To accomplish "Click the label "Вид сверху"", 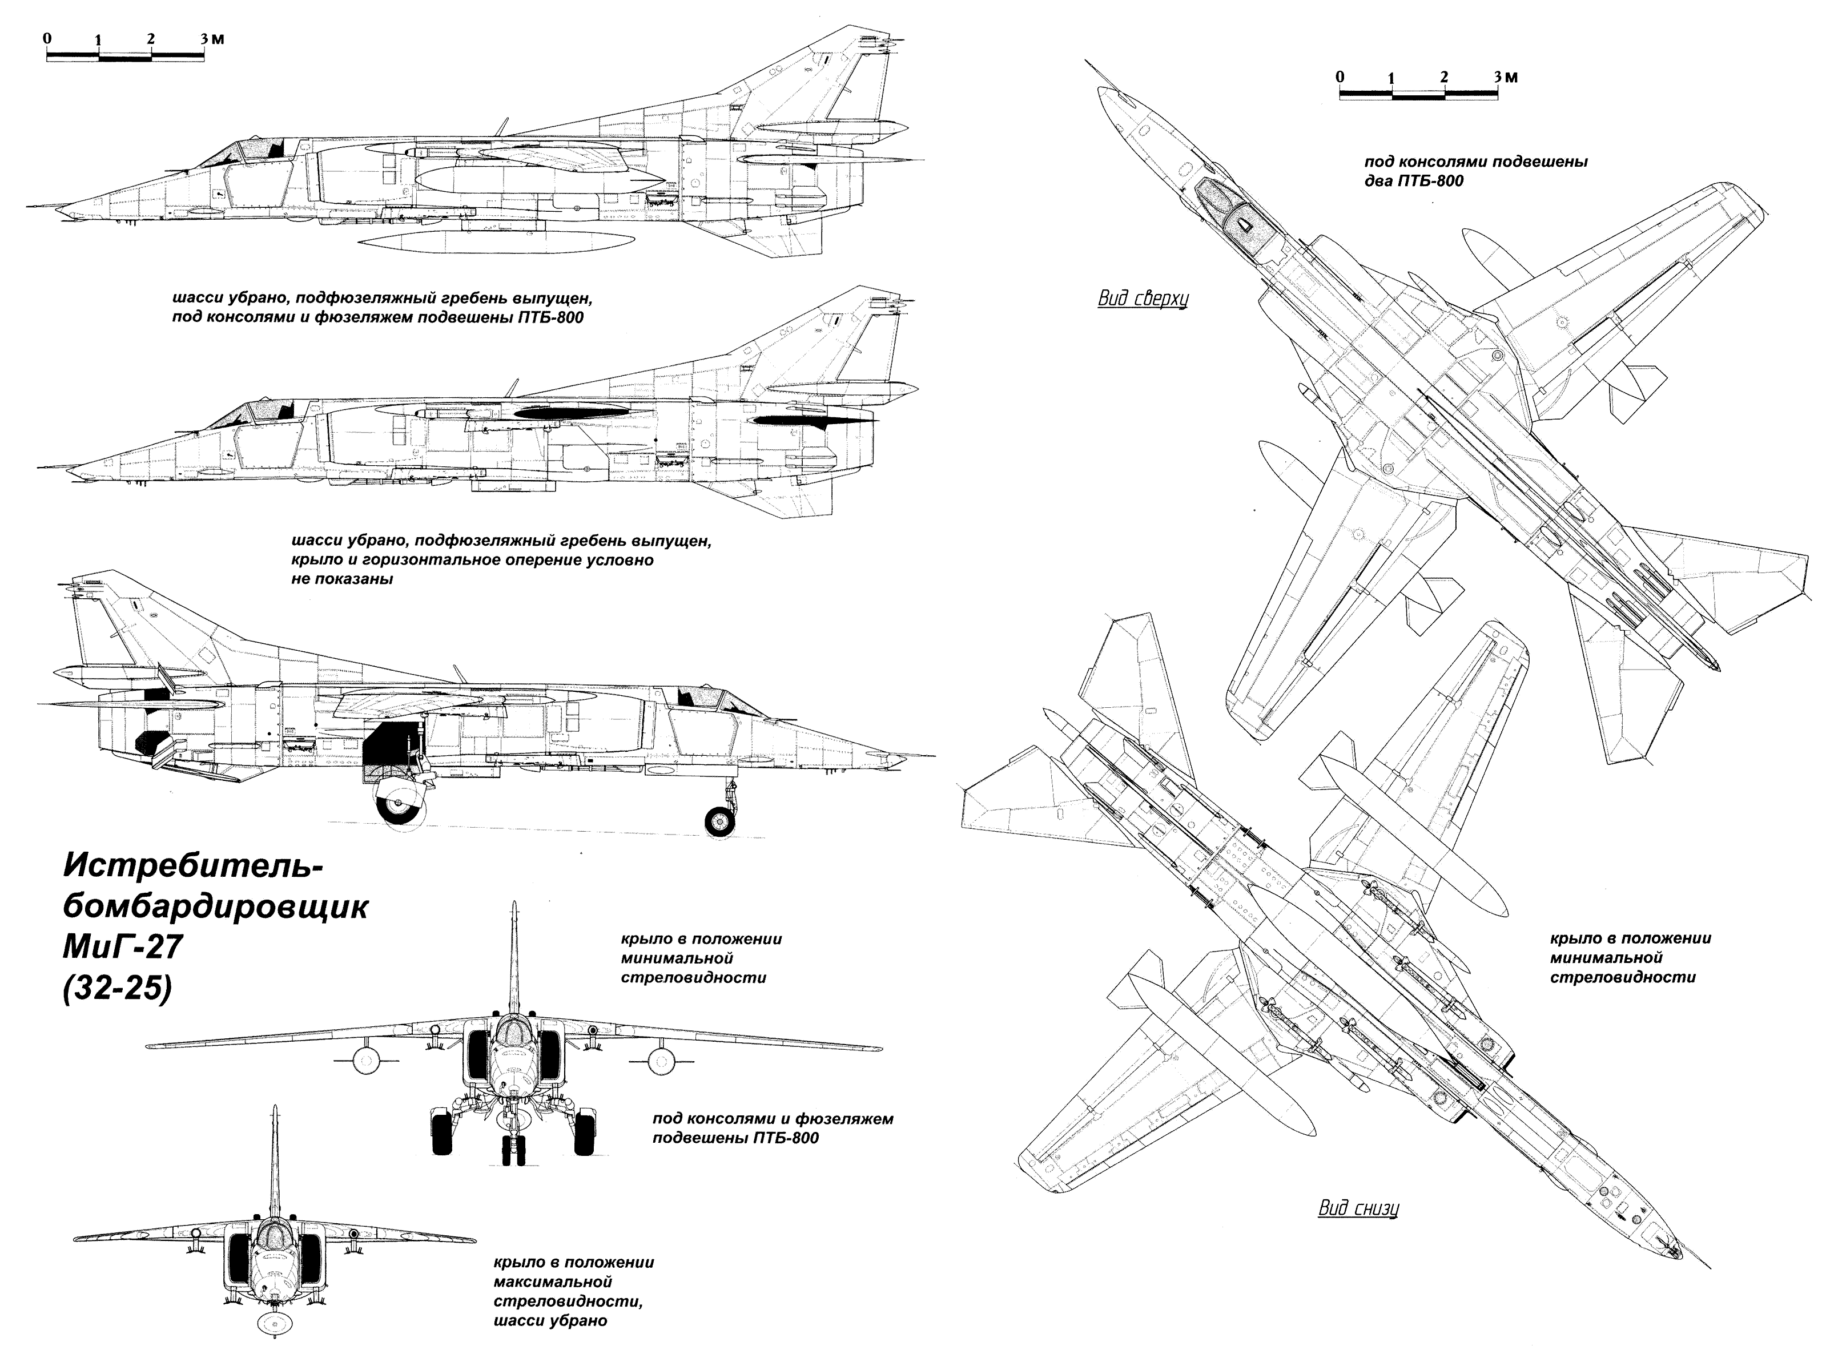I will click(1143, 298).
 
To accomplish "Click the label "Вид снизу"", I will click(1359, 1208).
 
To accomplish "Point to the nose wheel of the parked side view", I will click(719, 820).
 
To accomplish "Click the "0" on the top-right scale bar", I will click(1340, 76).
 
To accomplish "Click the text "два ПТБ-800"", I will click(1414, 181).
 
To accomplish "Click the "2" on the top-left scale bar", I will click(151, 38).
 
